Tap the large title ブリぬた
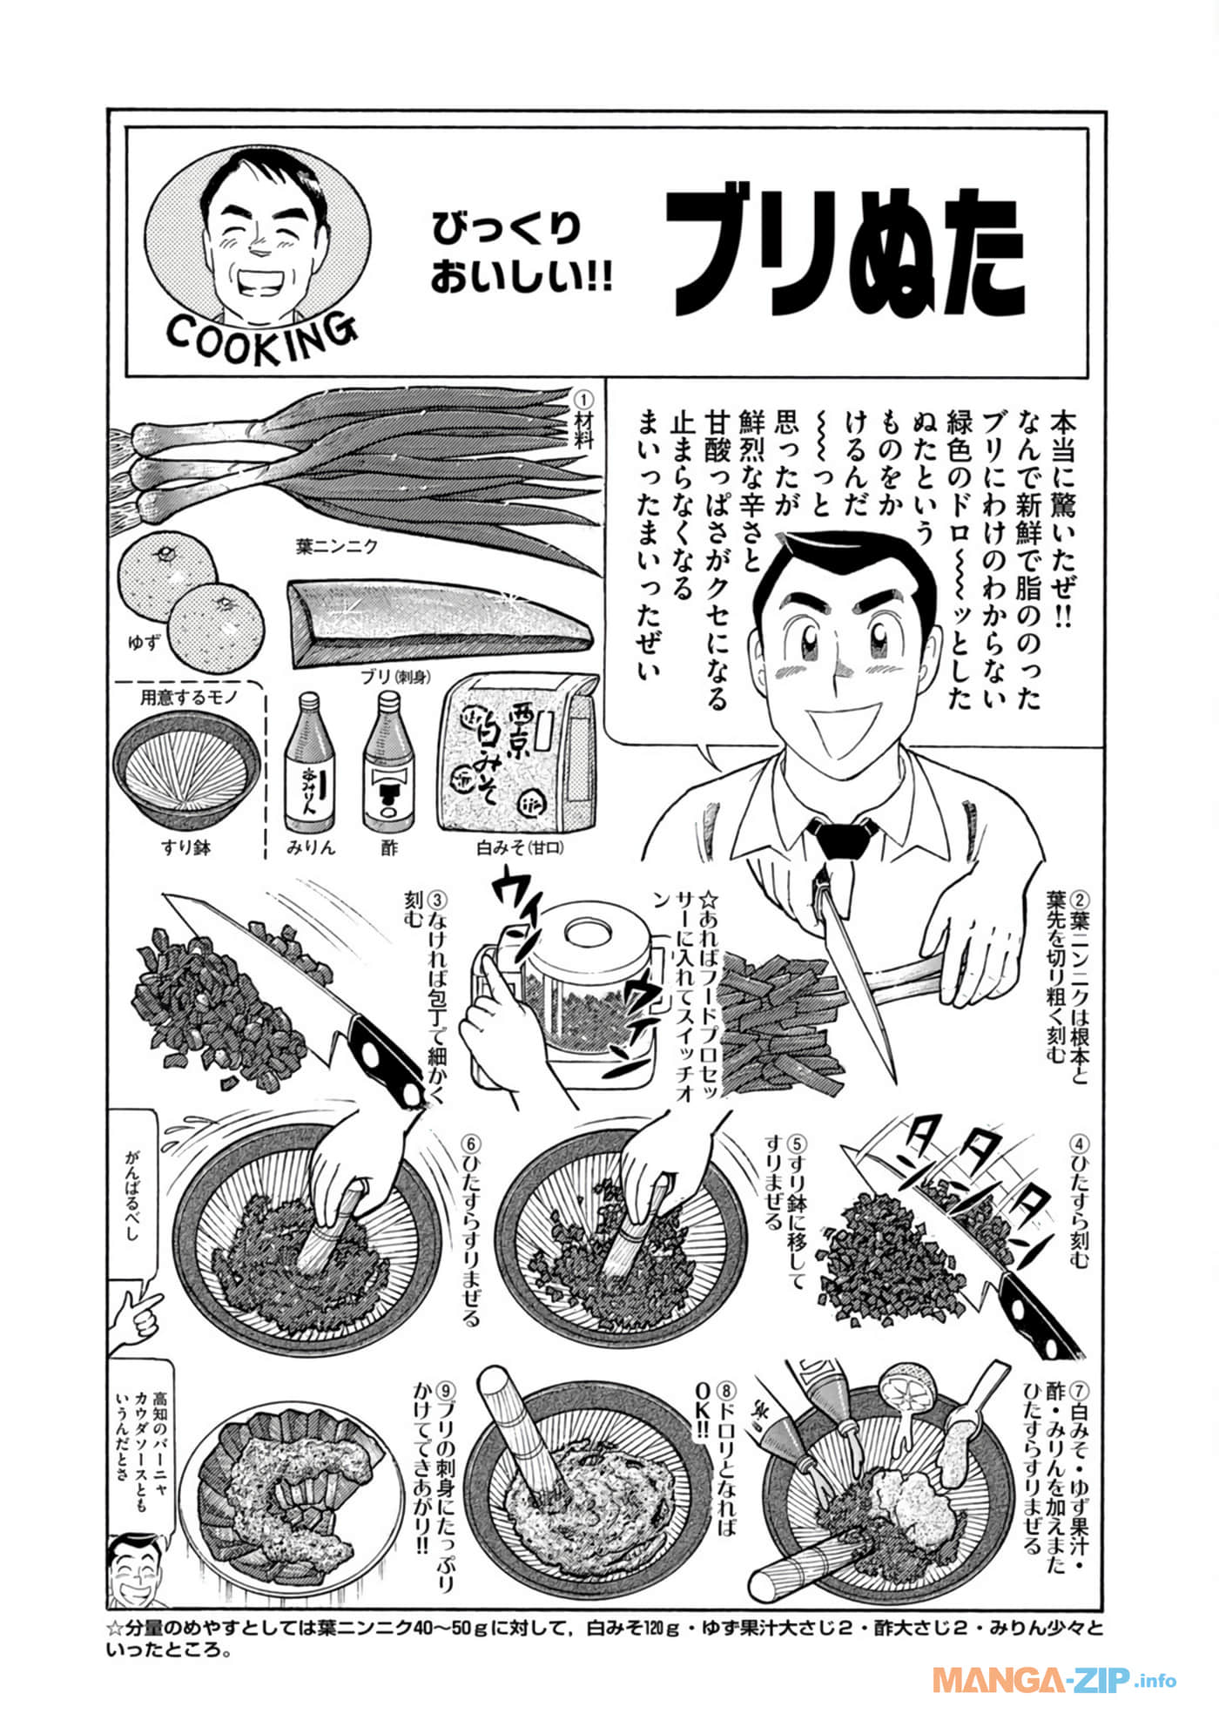pyautogui.click(x=845, y=253)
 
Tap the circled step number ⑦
pyautogui.click(x=1080, y=1388)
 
